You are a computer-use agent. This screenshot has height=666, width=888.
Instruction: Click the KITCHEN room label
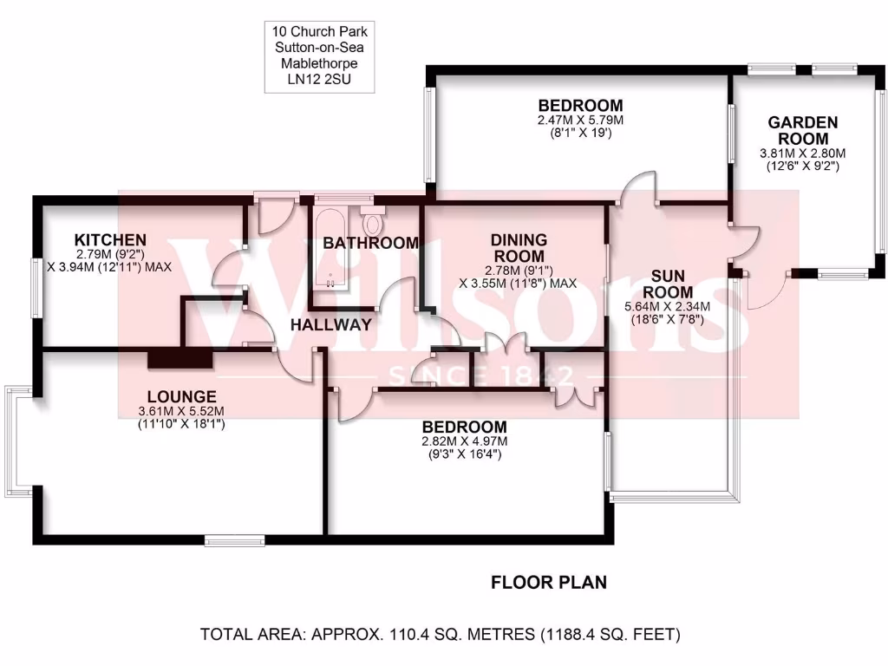pyautogui.click(x=109, y=239)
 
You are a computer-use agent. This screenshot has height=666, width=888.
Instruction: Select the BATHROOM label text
pyautogui.click(x=370, y=243)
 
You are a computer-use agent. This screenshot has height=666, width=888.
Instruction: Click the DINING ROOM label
pyautogui.click(x=519, y=248)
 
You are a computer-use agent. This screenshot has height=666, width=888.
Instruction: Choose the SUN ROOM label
pyautogui.click(x=672, y=284)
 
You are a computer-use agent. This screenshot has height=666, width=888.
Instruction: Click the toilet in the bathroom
pyautogui.click(x=374, y=223)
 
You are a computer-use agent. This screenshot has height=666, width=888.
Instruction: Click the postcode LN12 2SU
pyautogui.click(x=322, y=80)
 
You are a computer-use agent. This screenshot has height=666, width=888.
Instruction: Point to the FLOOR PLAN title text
pyautogui.click(x=549, y=582)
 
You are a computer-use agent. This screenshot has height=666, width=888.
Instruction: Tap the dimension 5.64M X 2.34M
pyautogui.click(x=667, y=306)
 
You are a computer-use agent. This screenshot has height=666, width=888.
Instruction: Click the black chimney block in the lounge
pyautogui.click(x=180, y=359)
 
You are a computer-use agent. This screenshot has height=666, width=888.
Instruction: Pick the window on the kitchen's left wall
pyautogui.click(x=35, y=287)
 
